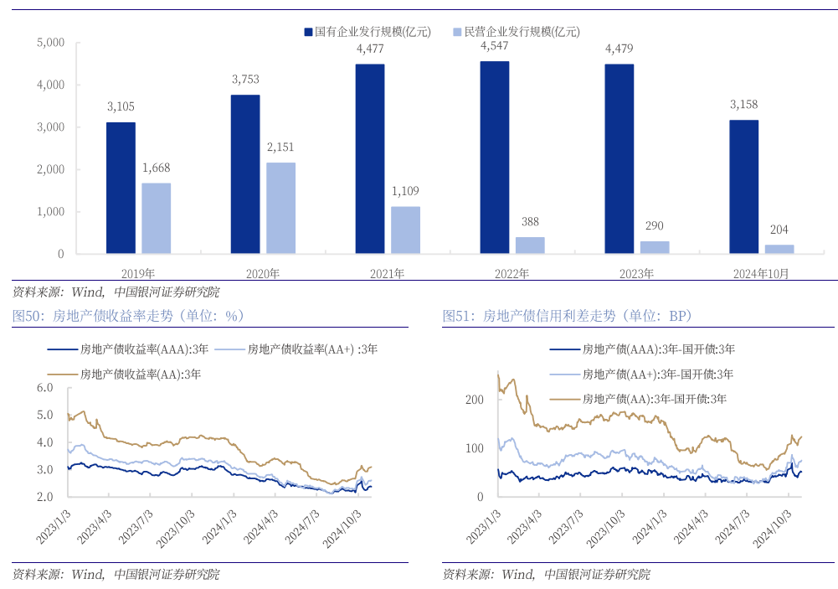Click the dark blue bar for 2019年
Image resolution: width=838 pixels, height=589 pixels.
pos(121,188)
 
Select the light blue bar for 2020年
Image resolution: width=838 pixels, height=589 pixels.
pos(280,208)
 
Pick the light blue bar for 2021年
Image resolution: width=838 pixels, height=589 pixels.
pos(405,230)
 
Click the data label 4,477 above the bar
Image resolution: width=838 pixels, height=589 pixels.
pos(370,49)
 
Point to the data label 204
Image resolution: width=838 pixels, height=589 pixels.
pos(779,230)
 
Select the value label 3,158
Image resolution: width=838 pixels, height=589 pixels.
pos(743,105)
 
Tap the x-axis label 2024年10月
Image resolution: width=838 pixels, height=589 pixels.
pos(760,273)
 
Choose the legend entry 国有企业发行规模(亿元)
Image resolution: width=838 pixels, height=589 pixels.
pos(367,32)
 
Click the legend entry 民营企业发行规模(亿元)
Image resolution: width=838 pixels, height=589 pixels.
pos(516,32)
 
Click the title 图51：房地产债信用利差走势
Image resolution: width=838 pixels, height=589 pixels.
pos(568,316)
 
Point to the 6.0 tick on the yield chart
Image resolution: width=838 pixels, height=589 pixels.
pos(44,388)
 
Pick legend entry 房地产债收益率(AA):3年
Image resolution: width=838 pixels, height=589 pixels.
pos(141,375)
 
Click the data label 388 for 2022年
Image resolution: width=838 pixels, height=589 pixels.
pos(530,222)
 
